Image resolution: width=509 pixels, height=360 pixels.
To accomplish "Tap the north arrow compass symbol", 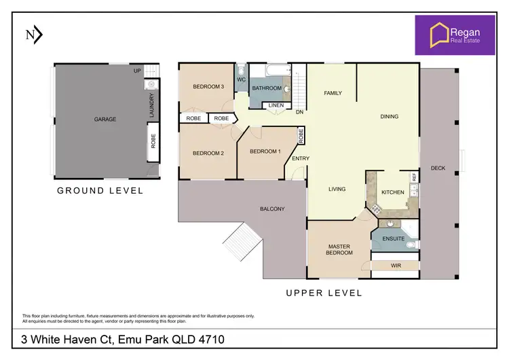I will click(x=34, y=35).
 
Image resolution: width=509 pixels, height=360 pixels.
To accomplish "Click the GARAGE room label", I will click(x=105, y=120).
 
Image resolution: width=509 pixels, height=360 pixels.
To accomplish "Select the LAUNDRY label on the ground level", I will click(x=151, y=107).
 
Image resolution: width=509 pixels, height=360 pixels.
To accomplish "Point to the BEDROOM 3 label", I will click(x=208, y=86).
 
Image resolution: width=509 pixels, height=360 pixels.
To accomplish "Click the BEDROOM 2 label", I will click(x=208, y=154).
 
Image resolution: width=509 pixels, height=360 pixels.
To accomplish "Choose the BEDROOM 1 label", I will click(x=265, y=151).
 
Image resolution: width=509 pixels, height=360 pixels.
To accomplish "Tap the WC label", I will click(x=241, y=80).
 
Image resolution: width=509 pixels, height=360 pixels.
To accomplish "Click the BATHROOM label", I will click(x=267, y=88).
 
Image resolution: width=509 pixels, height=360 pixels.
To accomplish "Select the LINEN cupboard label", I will click(x=276, y=105).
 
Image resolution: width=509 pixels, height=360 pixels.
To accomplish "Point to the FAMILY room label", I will click(x=333, y=93).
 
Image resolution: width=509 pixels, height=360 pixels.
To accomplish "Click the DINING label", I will click(x=389, y=117).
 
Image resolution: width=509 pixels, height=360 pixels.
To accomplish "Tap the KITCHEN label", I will click(x=392, y=192).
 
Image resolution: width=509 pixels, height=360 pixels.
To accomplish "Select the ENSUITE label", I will click(x=394, y=239).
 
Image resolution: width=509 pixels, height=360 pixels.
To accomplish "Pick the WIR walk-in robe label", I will click(x=396, y=266).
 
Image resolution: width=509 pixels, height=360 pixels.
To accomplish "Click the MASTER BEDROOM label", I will click(x=339, y=249).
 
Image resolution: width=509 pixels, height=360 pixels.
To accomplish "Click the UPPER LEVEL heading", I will click(x=323, y=293).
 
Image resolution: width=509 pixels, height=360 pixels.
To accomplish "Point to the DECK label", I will click(x=438, y=168).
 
